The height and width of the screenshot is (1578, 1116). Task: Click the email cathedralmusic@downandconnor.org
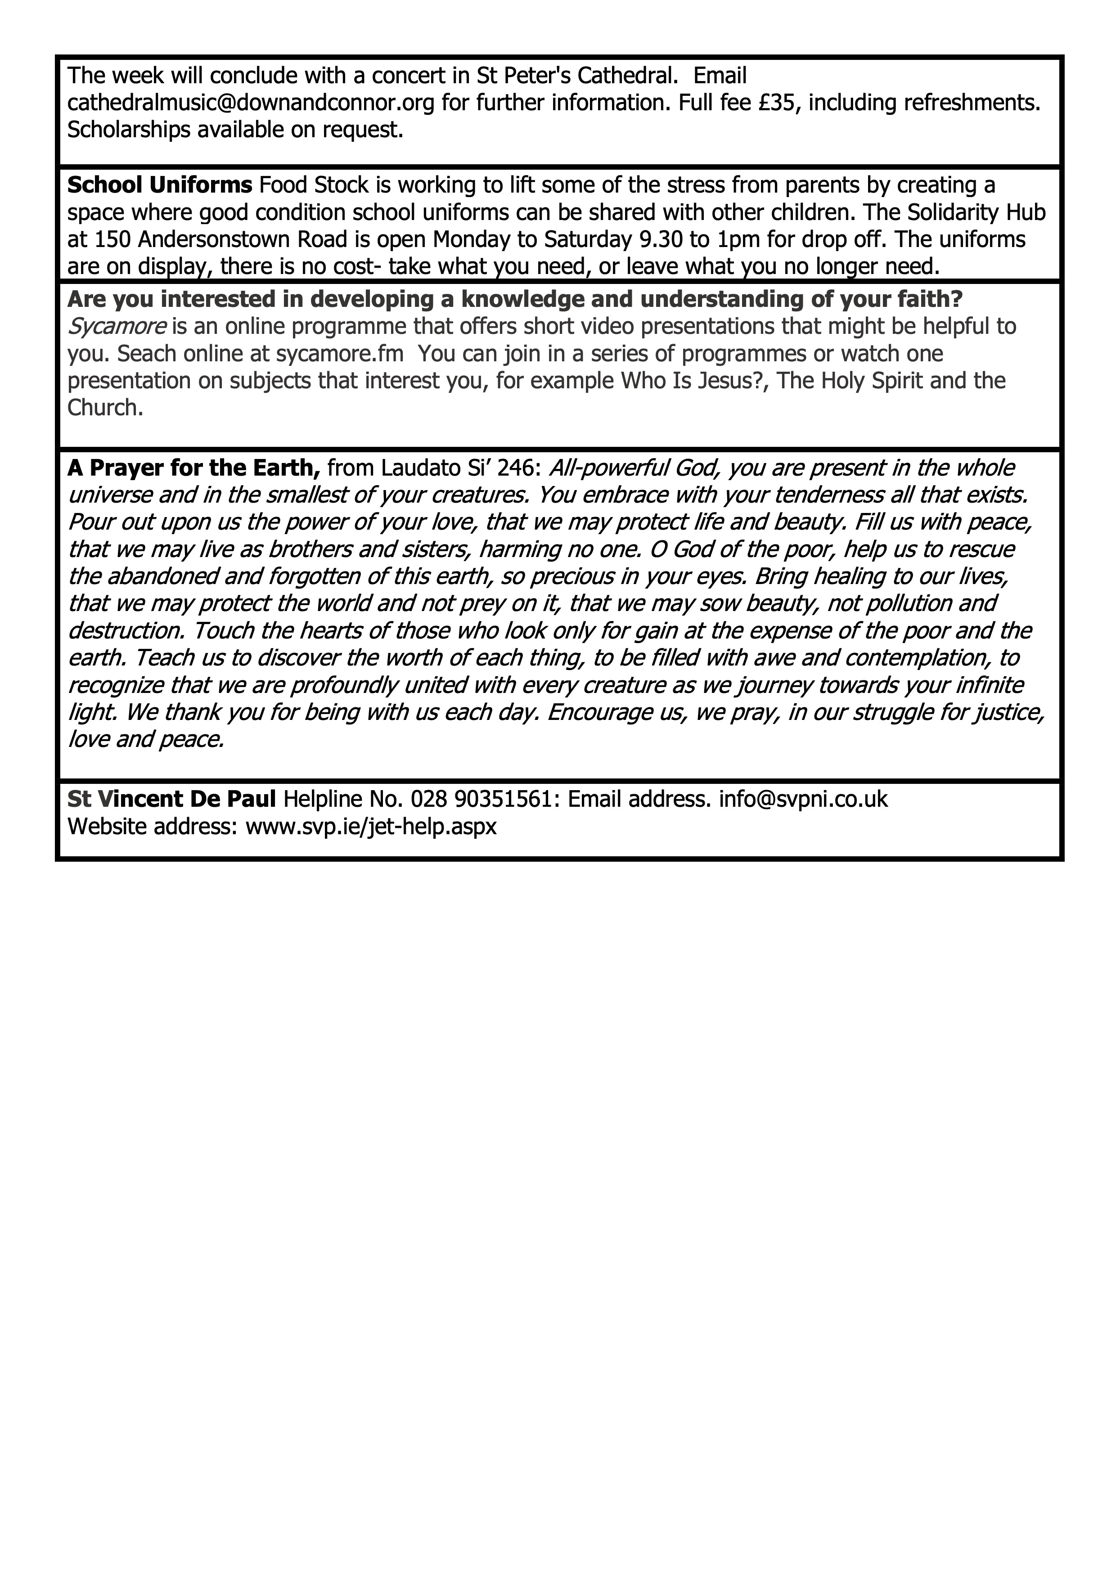point(251,103)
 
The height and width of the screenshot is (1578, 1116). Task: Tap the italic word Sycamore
point(117,327)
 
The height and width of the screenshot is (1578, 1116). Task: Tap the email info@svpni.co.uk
point(803,799)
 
